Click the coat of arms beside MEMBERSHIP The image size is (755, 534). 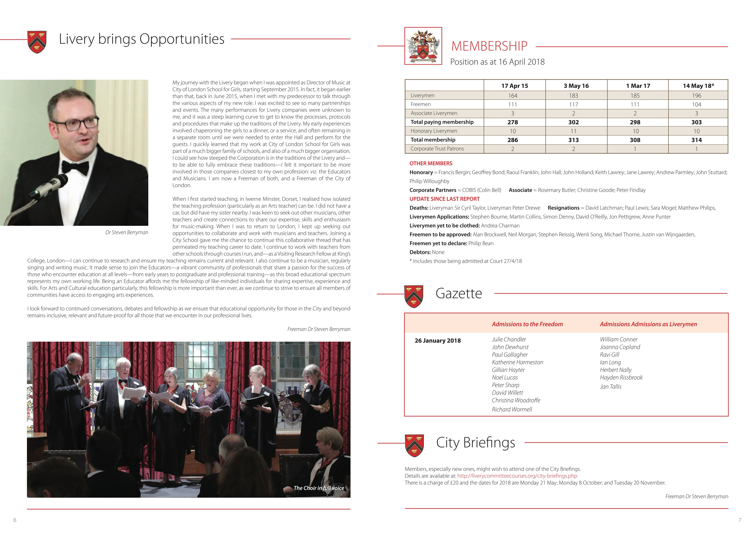click(423, 46)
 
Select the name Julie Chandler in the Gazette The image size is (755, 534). click(509, 339)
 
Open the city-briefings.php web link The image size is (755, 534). click(517, 476)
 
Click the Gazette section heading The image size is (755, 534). click(458, 293)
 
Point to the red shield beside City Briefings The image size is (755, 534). click(414, 446)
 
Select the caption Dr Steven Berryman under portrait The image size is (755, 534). click(127, 233)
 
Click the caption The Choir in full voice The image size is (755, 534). click(319, 488)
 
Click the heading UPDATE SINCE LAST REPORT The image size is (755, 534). click(444, 199)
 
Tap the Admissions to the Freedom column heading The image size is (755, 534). click(527, 324)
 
